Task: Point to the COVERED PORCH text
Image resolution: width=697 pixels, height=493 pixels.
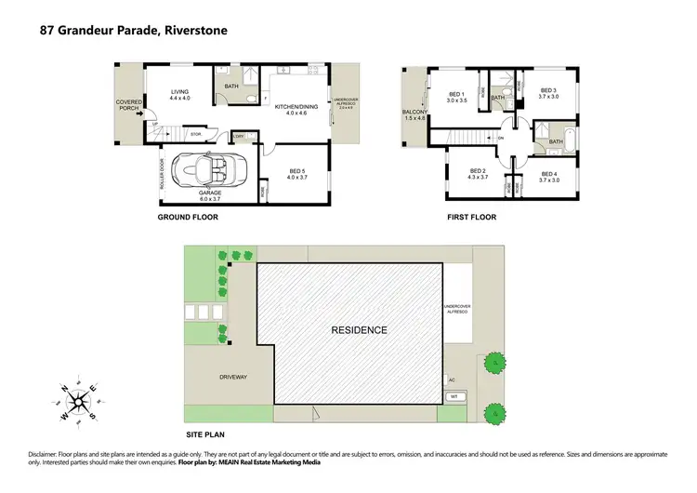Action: pyautogui.click(x=127, y=105)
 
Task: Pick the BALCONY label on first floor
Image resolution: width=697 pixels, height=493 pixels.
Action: pyautogui.click(x=414, y=112)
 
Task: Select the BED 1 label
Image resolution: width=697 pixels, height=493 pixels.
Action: pyautogui.click(x=455, y=94)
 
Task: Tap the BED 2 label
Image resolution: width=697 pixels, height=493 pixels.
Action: pyautogui.click(x=478, y=171)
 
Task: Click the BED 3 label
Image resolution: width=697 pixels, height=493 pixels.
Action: pyautogui.click(x=548, y=90)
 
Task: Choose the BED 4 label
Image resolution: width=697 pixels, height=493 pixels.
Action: pyautogui.click(x=548, y=174)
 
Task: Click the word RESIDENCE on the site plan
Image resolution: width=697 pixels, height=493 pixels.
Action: pyautogui.click(x=359, y=330)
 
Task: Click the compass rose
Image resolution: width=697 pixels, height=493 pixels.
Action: pyautogui.click(x=80, y=399)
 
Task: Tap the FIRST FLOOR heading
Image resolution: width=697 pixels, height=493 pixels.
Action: pyautogui.click(x=470, y=217)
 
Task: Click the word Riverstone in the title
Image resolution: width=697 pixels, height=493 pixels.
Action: pyautogui.click(x=195, y=30)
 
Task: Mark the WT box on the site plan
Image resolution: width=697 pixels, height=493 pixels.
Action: pyautogui.click(x=454, y=396)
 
